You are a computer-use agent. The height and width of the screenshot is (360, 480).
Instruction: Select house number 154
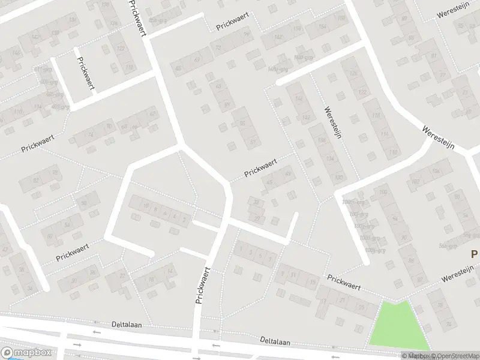pyautogui.click(x=322, y=27)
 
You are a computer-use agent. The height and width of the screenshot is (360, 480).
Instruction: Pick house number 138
pyautogui.click(x=321, y=140)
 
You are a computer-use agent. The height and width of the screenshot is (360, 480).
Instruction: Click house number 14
pyautogui.click(x=170, y=271)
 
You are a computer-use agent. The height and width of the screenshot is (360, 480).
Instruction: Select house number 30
pyautogui.click(x=75, y=281)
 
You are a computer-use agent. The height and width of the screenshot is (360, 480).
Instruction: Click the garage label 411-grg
pyautogui.click(x=42, y=70)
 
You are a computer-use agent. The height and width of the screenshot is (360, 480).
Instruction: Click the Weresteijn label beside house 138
pyautogui.click(x=332, y=122)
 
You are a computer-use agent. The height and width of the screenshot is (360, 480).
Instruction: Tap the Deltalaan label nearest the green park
pyautogui.click(x=275, y=341)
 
